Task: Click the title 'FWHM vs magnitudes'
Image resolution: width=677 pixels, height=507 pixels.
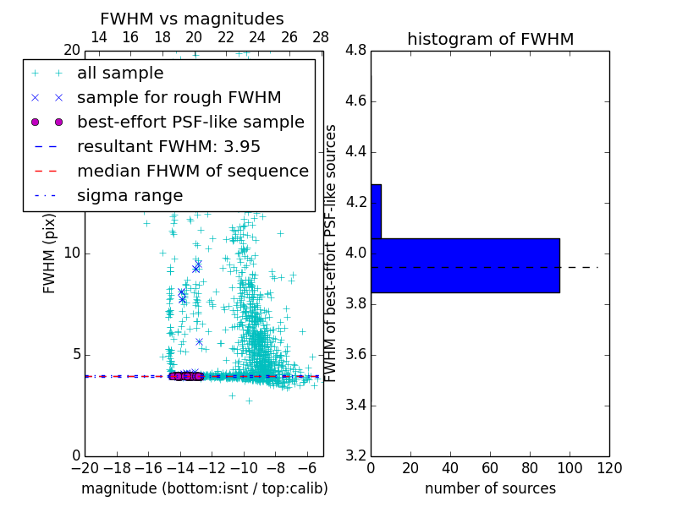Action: [192, 19]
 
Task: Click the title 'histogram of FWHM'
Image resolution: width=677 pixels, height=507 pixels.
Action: [490, 39]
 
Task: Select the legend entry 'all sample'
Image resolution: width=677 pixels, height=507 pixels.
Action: [120, 73]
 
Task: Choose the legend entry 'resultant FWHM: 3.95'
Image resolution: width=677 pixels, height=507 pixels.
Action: [168, 146]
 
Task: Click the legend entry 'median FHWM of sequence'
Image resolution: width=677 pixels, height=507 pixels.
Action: [192, 171]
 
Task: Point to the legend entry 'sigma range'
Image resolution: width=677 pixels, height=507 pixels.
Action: [129, 195]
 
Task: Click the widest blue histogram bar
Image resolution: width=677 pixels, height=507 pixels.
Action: [465, 265]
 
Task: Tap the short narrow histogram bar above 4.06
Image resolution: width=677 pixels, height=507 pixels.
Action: [376, 211]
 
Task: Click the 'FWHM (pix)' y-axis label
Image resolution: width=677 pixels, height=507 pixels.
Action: [50, 253]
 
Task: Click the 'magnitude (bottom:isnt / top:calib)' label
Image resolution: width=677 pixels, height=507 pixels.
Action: [204, 488]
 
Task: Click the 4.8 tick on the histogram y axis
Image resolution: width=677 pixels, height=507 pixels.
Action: [355, 51]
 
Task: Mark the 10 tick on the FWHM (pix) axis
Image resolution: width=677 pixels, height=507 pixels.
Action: [72, 253]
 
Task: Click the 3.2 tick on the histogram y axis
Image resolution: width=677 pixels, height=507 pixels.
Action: [355, 456]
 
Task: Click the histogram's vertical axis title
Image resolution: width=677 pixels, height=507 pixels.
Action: [331, 253]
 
